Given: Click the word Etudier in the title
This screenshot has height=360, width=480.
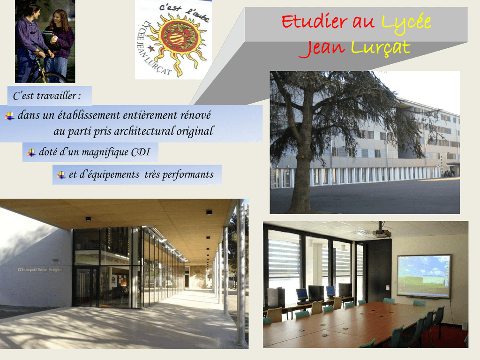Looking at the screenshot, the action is coord(315,22).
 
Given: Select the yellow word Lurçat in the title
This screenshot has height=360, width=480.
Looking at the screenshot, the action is coord(381,48).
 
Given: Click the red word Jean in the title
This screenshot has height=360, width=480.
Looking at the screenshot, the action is coord(322,49).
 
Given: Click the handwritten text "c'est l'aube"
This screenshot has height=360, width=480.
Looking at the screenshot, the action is coord(184,13).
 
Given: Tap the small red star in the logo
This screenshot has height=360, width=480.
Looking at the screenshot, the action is coord(151,48).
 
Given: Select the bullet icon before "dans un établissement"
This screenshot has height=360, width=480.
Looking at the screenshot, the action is coord(9,116).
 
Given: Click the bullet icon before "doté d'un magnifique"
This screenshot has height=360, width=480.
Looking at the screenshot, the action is coord(31,152).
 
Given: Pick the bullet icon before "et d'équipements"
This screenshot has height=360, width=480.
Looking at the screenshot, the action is coord(61,175).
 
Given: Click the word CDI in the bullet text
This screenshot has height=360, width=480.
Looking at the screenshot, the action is coord(141,152).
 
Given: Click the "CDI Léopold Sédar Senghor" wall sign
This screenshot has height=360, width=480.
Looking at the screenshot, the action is coord(40,270).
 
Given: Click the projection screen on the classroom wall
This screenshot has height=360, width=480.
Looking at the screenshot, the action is coord(424,277).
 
